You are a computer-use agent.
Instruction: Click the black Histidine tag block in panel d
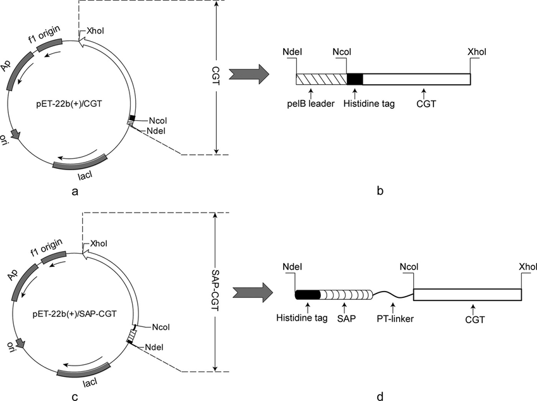[308, 295]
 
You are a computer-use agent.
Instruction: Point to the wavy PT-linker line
[392, 293]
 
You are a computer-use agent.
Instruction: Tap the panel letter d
[379, 397]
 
